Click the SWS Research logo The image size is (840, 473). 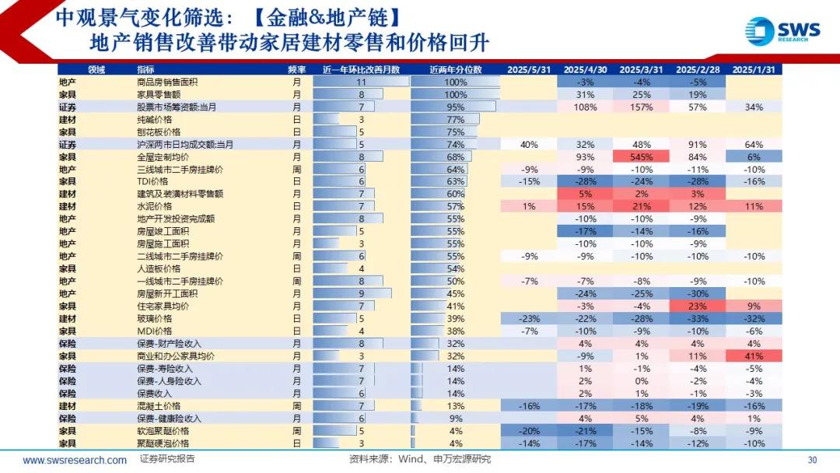[x=782, y=31]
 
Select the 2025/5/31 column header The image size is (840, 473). [x=529, y=69]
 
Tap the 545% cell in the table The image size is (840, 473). [x=641, y=157]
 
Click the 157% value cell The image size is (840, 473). [x=641, y=107]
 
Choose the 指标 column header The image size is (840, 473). [x=145, y=69]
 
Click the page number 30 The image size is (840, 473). [x=813, y=459]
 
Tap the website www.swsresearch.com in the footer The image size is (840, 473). [x=75, y=460]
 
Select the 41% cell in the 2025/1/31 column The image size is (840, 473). [x=754, y=356]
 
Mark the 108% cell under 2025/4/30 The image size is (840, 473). [x=585, y=107]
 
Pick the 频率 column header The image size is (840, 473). [x=296, y=69]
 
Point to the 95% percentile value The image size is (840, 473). [x=456, y=107]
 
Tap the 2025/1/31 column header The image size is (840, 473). [x=754, y=69]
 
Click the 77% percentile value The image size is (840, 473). [x=456, y=120]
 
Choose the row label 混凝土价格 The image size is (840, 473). [x=159, y=406]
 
